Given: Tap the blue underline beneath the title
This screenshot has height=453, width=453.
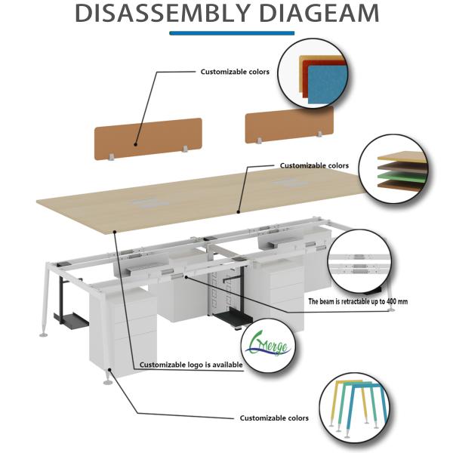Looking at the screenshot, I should tap(231, 33).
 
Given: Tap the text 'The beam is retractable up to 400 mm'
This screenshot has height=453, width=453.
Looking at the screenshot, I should tap(358, 301).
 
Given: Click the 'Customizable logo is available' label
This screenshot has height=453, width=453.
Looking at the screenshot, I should tap(191, 365).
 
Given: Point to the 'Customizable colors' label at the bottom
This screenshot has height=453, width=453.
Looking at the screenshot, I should tap(274, 418).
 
